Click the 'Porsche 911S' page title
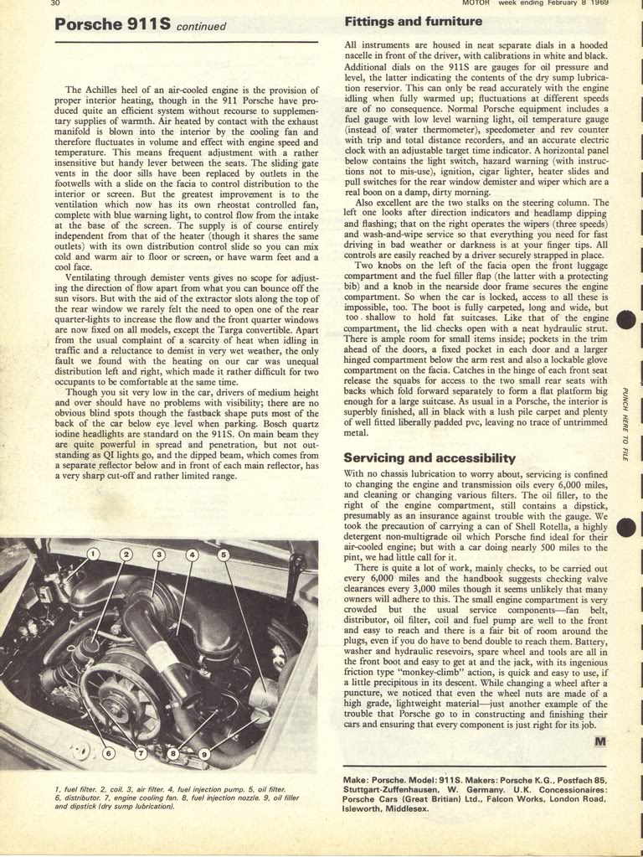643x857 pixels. tap(114, 24)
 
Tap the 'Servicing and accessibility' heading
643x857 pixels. tap(430, 457)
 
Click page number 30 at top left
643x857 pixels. tap(55, 3)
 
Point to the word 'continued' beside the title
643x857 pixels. tap(202, 26)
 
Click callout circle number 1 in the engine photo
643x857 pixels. tap(93, 554)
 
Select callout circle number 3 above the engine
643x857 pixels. tap(158, 554)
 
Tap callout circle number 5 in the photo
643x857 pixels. tap(224, 554)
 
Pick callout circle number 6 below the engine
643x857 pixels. tap(108, 753)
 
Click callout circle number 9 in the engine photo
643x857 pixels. tap(204, 753)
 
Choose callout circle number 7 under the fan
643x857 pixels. tap(141, 753)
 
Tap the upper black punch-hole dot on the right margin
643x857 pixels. tap(628, 322)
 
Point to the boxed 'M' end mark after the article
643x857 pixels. tap(600, 741)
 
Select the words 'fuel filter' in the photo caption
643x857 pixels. tap(76, 789)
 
